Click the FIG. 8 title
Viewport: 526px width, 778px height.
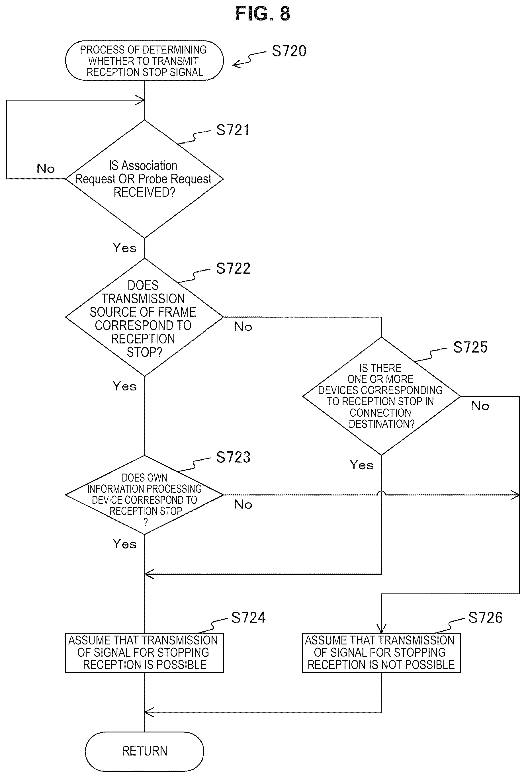(263, 14)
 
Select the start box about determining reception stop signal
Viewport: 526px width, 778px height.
(144, 61)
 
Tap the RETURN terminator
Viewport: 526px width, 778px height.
(144, 751)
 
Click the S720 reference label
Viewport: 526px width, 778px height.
(289, 51)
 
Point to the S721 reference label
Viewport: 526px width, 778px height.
(233, 130)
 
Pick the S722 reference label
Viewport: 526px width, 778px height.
(233, 268)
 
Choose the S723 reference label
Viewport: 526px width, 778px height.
(233, 457)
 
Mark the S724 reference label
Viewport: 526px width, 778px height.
(248, 617)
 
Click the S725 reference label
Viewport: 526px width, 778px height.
(470, 347)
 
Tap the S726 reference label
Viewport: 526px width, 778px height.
(485, 617)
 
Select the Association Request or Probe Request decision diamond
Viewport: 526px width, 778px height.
(144, 179)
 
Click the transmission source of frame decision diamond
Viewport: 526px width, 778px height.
(144, 317)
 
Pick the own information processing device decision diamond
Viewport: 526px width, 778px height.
(144, 495)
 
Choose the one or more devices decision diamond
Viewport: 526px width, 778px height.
(381, 396)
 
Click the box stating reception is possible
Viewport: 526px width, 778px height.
(144, 653)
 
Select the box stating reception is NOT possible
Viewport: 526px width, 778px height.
(381, 653)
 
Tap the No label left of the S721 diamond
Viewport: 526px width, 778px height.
(46, 168)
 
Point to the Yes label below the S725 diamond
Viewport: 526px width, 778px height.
(361, 465)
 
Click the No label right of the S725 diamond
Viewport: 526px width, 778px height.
(480, 406)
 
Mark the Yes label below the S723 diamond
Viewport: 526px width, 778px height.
(124, 544)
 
